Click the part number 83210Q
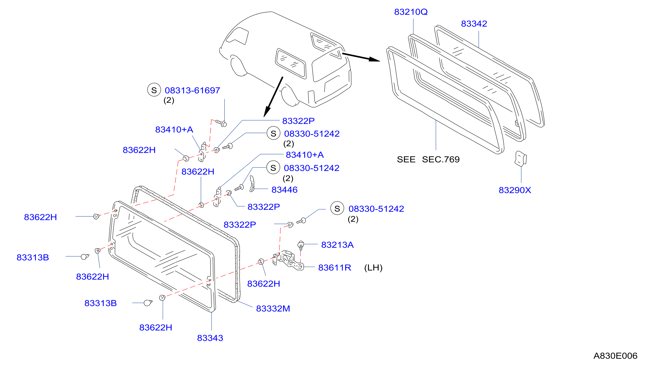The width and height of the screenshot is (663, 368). (x=411, y=12)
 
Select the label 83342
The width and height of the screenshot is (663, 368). (x=474, y=24)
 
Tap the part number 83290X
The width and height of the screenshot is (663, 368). (x=515, y=190)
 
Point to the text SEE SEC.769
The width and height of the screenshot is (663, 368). (x=428, y=159)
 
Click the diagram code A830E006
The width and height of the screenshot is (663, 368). (x=615, y=356)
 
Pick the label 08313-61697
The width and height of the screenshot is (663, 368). (x=192, y=91)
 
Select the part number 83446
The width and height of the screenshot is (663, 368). (x=284, y=190)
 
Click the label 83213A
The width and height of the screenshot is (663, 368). (x=337, y=245)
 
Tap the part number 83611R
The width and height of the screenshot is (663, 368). (x=334, y=268)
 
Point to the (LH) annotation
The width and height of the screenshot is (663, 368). (x=373, y=268)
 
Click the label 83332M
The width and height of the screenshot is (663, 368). (x=273, y=308)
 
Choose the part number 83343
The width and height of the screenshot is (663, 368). (x=210, y=338)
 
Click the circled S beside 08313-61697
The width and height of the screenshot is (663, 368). (x=154, y=90)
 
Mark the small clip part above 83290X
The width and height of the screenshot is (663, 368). (x=520, y=158)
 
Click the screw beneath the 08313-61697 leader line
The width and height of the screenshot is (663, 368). (x=221, y=123)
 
